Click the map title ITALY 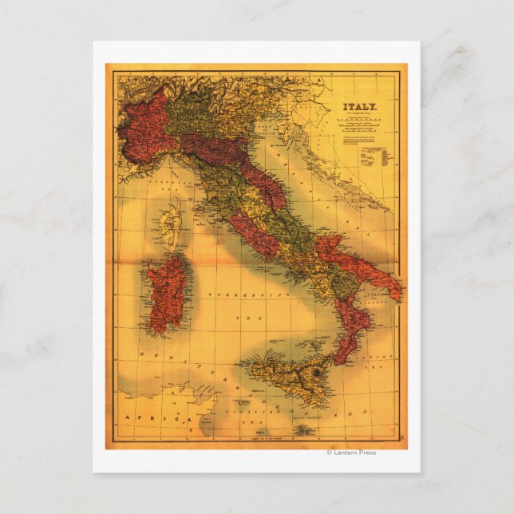[360, 105]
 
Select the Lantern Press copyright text [351, 453]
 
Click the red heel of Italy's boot [367, 271]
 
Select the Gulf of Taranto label [375, 299]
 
